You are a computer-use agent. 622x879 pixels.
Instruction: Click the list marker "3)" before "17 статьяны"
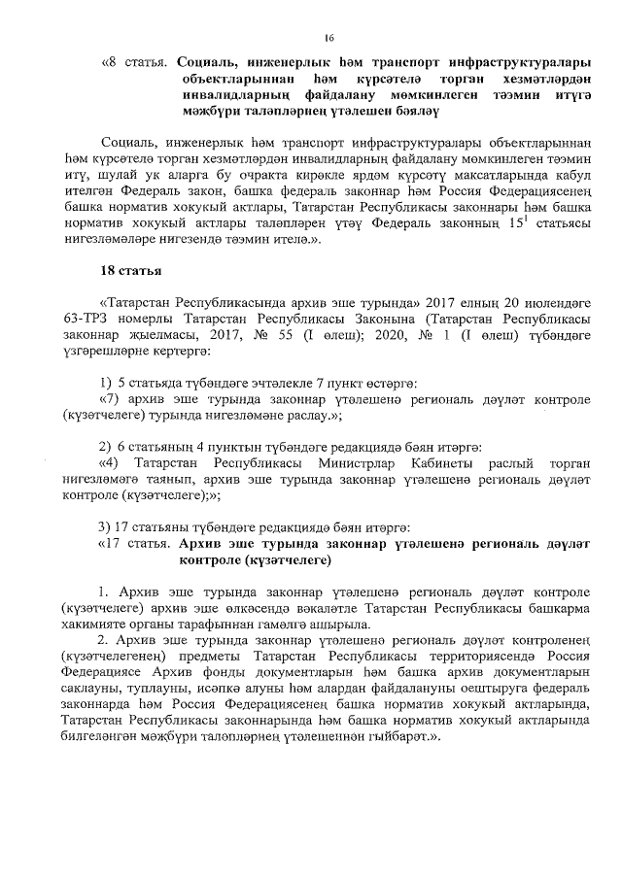tap(107, 527)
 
